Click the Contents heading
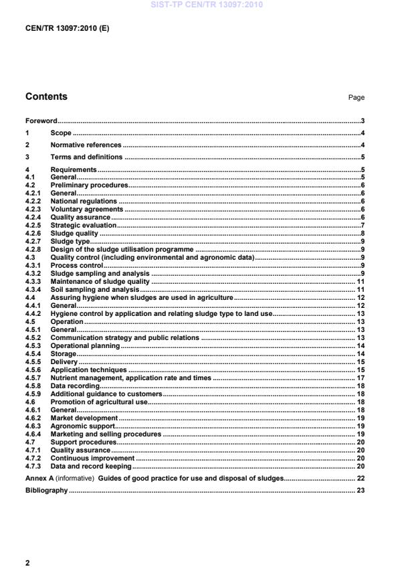(x=46, y=96)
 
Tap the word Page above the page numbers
(x=356, y=98)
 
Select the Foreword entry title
(x=41, y=121)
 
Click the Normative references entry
(x=86, y=145)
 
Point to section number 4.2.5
(x=33, y=226)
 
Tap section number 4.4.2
(x=33, y=313)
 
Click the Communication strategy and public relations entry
(x=124, y=337)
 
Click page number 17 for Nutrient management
(x=359, y=378)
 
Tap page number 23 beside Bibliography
(x=359, y=491)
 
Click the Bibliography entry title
(x=46, y=491)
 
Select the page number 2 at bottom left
(x=27, y=563)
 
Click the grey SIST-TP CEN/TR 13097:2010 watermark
(x=207, y=5)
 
